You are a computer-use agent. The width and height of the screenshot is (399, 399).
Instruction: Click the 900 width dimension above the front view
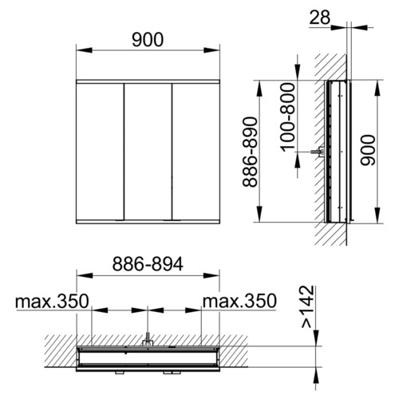point(148,40)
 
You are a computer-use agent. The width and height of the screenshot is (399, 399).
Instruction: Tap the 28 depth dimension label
point(320,18)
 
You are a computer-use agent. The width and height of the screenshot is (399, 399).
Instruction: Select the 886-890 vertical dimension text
point(251,152)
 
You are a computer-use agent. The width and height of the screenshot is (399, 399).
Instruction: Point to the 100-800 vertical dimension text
point(288,117)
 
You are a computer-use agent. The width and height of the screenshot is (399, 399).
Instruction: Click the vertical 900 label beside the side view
point(367,150)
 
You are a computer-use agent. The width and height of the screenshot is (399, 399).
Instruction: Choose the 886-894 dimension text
point(148,264)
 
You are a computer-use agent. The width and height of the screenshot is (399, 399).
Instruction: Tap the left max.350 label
point(52,302)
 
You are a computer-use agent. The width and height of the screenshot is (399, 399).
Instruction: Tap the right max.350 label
point(239,302)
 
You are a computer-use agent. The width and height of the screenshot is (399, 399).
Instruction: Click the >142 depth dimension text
point(308,306)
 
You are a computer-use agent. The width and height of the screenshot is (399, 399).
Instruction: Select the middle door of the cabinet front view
point(148,152)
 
